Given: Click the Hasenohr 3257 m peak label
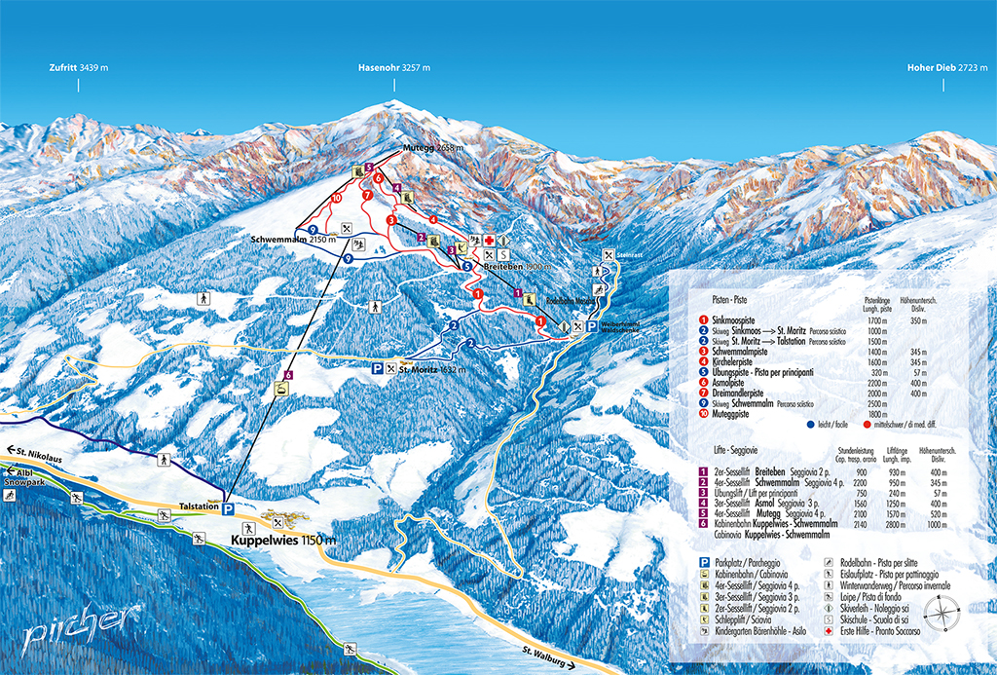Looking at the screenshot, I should click(393, 68).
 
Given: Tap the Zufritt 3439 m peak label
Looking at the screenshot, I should click(79, 68).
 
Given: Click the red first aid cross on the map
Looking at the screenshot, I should click(490, 241).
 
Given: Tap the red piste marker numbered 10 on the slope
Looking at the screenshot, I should click(335, 198).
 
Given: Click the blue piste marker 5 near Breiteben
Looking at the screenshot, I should click(467, 266).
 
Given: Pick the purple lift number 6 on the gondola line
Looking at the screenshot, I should click(288, 374).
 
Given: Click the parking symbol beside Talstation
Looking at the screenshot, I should click(228, 508).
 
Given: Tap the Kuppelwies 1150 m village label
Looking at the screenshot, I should click(283, 540).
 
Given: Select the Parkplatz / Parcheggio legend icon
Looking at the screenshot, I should click(704, 564).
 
